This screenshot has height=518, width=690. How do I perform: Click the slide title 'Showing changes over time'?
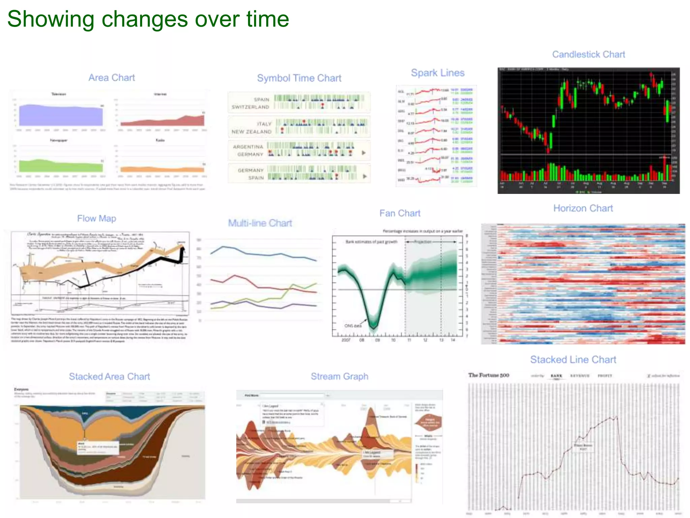tap(148, 19)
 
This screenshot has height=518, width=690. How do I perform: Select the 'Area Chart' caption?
tap(112, 78)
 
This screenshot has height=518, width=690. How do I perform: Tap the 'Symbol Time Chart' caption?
tap(299, 78)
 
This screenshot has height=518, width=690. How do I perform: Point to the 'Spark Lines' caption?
tap(437, 73)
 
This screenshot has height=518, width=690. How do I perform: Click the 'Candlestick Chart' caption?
tap(588, 55)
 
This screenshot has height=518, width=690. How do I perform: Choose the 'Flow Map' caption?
tap(96, 219)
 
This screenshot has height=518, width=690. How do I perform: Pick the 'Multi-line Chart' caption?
tap(260, 223)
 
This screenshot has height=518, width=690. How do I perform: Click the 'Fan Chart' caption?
tap(400, 213)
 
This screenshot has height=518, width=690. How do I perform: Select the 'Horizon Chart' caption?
tap(583, 208)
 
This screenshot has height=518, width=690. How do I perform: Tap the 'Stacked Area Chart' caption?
tap(109, 377)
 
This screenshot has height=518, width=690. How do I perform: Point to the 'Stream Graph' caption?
tap(339, 376)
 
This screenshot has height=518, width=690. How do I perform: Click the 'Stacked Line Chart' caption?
tap(573, 360)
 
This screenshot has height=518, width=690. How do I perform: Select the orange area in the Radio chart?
tap(162, 170)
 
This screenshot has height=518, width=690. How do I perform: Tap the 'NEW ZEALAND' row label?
tap(251, 132)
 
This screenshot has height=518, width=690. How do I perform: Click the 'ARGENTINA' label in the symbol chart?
tap(248, 147)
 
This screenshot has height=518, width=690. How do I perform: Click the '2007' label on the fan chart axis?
tap(346, 340)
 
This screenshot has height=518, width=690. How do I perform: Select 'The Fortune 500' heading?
tap(489, 375)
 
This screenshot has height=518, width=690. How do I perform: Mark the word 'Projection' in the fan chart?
tap(422, 242)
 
